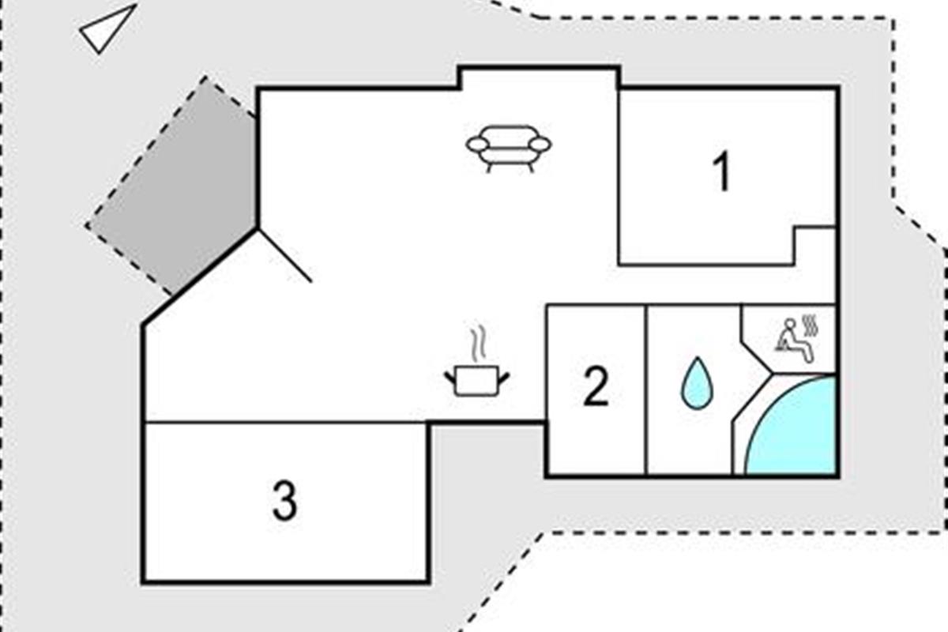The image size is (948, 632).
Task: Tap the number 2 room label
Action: click(596, 388)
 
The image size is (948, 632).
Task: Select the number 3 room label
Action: click(284, 501)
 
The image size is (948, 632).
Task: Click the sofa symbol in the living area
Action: click(509, 147)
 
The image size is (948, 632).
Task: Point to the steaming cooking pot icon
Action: click(476, 379)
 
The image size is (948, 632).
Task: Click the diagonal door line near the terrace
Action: click(284, 255)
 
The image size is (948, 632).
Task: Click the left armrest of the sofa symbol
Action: click(476, 144)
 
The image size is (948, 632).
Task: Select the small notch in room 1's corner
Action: click(814, 245)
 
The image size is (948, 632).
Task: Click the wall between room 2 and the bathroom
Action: click(646, 390)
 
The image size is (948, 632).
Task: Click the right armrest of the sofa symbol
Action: click(541, 144)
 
